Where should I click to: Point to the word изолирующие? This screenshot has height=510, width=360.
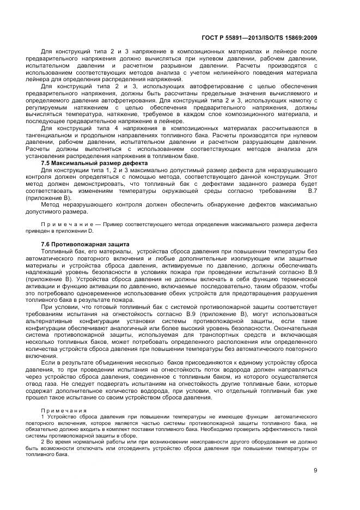pos(249,258)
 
